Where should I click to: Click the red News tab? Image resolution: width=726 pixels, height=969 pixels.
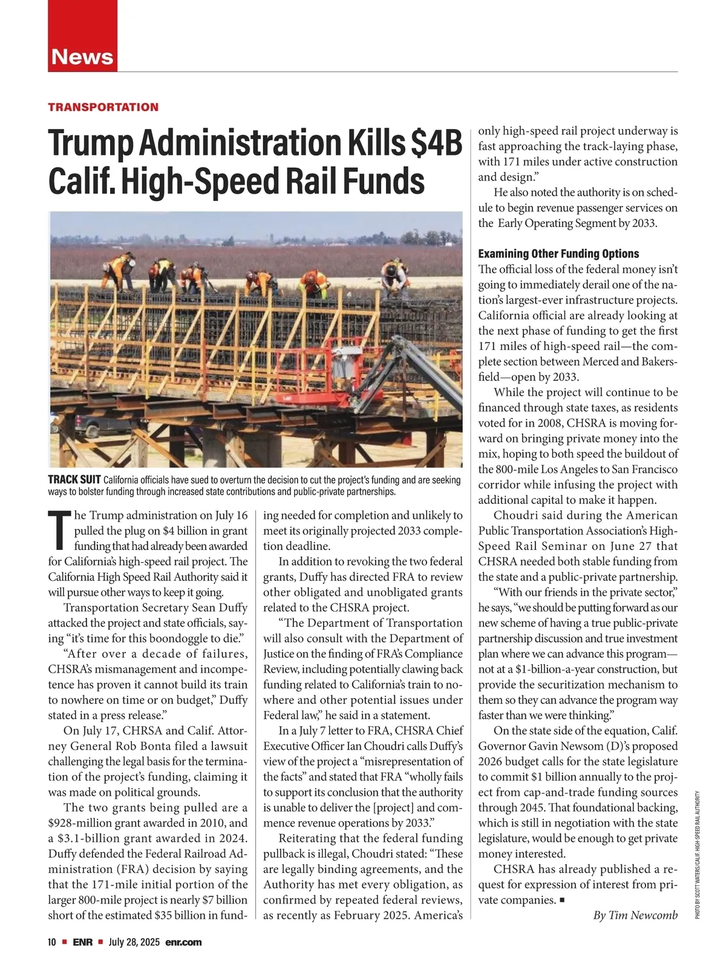82,56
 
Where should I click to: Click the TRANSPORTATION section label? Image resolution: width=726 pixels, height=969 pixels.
103,107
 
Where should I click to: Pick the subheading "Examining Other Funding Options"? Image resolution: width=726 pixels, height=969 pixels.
558,254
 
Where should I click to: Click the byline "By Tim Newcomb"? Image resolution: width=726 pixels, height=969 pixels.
635,915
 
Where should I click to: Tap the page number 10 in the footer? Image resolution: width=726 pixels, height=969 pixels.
52,942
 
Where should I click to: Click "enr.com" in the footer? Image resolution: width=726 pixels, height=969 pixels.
183,942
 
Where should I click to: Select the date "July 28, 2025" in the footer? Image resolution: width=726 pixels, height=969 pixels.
133,942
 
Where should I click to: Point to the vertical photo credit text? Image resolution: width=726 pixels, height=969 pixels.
698,855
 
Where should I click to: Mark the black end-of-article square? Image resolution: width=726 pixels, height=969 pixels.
563,900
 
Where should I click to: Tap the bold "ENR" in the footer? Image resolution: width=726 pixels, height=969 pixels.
83,942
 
